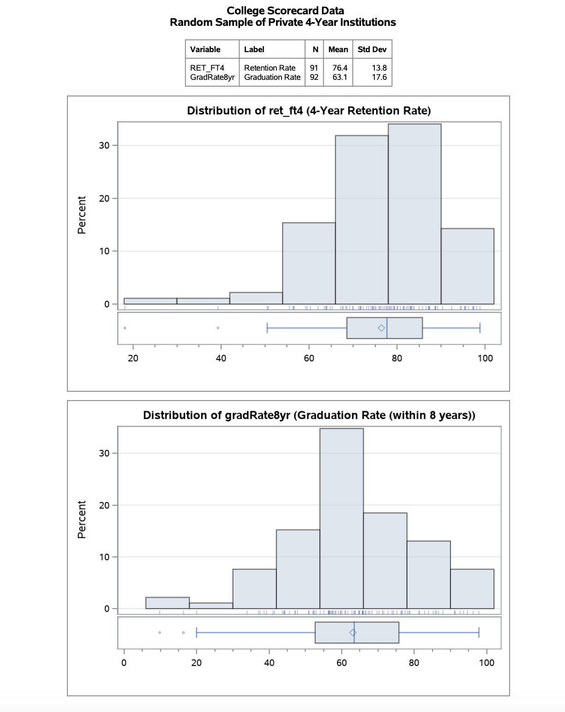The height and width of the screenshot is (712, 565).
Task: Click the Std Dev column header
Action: [x=372, y=49]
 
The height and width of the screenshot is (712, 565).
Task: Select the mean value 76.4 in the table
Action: [x=340, y=68]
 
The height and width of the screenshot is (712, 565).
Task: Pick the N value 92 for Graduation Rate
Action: [x=314, y=77]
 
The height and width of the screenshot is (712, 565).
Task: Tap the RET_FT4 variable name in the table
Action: [x=207, y=68]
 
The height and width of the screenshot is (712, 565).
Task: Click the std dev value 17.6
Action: [x=379, y=77]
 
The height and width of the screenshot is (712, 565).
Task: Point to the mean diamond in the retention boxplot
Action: [x=381, y=328]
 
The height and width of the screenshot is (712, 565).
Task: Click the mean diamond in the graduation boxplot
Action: [x=353, y=633]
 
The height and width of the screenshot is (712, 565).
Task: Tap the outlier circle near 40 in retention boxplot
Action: [x=218, y=328]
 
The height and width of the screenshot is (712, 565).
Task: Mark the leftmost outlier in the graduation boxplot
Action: [x=160, y=633]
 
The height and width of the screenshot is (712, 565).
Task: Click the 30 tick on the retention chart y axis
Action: [x=104, y=145]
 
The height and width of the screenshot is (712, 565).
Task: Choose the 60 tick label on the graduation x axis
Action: [x=342, y=663]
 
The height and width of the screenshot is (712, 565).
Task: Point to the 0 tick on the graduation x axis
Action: [x=124, y=663]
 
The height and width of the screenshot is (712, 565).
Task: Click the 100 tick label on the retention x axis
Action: [x=485, y=359]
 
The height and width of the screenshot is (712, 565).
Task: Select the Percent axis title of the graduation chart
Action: [x=82, y=520]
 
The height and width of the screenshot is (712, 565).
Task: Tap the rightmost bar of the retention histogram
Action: [x=467, y=266]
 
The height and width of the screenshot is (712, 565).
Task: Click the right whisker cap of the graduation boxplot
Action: [x=479, y=633]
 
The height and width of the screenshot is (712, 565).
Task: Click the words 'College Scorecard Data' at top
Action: [x=285, y=11]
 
